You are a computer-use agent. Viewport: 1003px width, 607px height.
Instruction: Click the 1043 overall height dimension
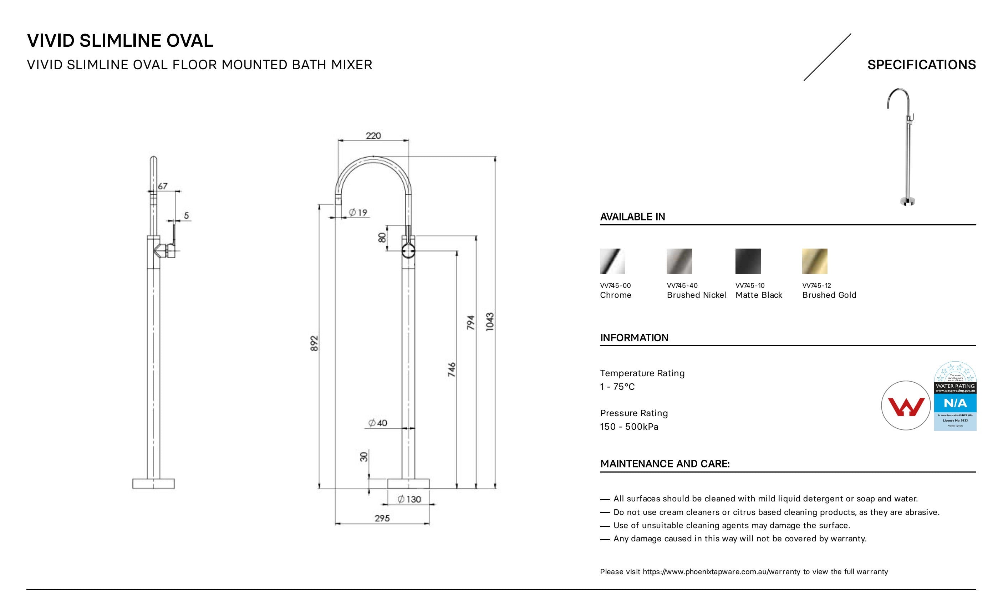[490, 322]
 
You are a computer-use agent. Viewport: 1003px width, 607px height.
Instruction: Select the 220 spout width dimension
[373, 136]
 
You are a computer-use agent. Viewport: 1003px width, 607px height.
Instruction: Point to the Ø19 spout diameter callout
[358, 213]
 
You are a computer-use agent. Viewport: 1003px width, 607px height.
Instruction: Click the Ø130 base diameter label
[409, 499]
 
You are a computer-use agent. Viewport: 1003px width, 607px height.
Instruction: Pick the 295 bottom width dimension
[382, 518]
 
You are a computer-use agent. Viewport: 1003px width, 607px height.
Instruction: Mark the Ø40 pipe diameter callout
[378, 423]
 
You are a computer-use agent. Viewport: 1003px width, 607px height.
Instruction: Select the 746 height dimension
[452, 369]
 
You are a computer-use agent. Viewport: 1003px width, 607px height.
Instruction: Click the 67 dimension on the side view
[162, 186]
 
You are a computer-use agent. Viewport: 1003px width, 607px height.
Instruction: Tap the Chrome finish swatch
[612, 261]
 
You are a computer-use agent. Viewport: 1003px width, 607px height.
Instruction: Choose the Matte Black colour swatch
[748, 261]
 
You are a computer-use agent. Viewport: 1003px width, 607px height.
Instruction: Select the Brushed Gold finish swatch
[815, 261]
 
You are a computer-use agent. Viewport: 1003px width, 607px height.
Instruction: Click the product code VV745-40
[682, 286]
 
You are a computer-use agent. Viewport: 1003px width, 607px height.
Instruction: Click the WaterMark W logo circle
[905, 405]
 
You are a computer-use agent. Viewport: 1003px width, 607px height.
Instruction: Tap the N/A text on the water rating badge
[955, 403]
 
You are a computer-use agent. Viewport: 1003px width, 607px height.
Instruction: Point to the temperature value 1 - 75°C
[617, 387]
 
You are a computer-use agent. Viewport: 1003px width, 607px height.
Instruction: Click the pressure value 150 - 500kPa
[629, 427]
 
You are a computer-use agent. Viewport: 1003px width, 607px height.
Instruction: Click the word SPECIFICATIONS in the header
[921, 65]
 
